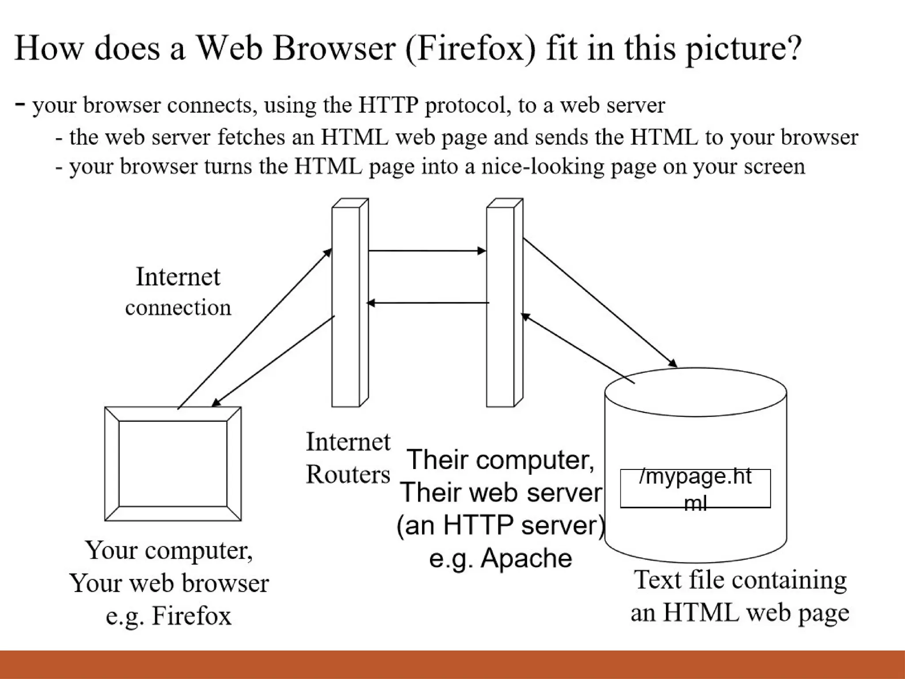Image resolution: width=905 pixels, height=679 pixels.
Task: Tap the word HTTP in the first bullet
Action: click(388, 105)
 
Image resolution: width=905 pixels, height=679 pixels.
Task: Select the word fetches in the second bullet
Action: click(251, 137)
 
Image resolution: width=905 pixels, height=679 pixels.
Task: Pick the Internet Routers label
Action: click(348, 458)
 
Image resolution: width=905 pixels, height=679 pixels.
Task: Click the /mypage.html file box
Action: click(695, 488)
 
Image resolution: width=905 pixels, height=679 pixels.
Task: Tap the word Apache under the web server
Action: click(526, 558)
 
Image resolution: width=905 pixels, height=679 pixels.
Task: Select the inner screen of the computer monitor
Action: click(173, 463)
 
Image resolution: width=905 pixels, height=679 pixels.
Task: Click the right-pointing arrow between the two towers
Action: click(427, 251)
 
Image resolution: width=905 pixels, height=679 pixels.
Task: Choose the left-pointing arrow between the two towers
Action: click(428, 303)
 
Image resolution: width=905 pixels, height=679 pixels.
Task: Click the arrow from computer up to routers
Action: click(255, 328)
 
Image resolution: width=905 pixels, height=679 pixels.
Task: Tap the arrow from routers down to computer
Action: click(273, 361)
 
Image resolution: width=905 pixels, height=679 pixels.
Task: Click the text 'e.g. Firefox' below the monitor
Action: click(168, 615)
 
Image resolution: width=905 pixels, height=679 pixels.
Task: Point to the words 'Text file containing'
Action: click(740, 580)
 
